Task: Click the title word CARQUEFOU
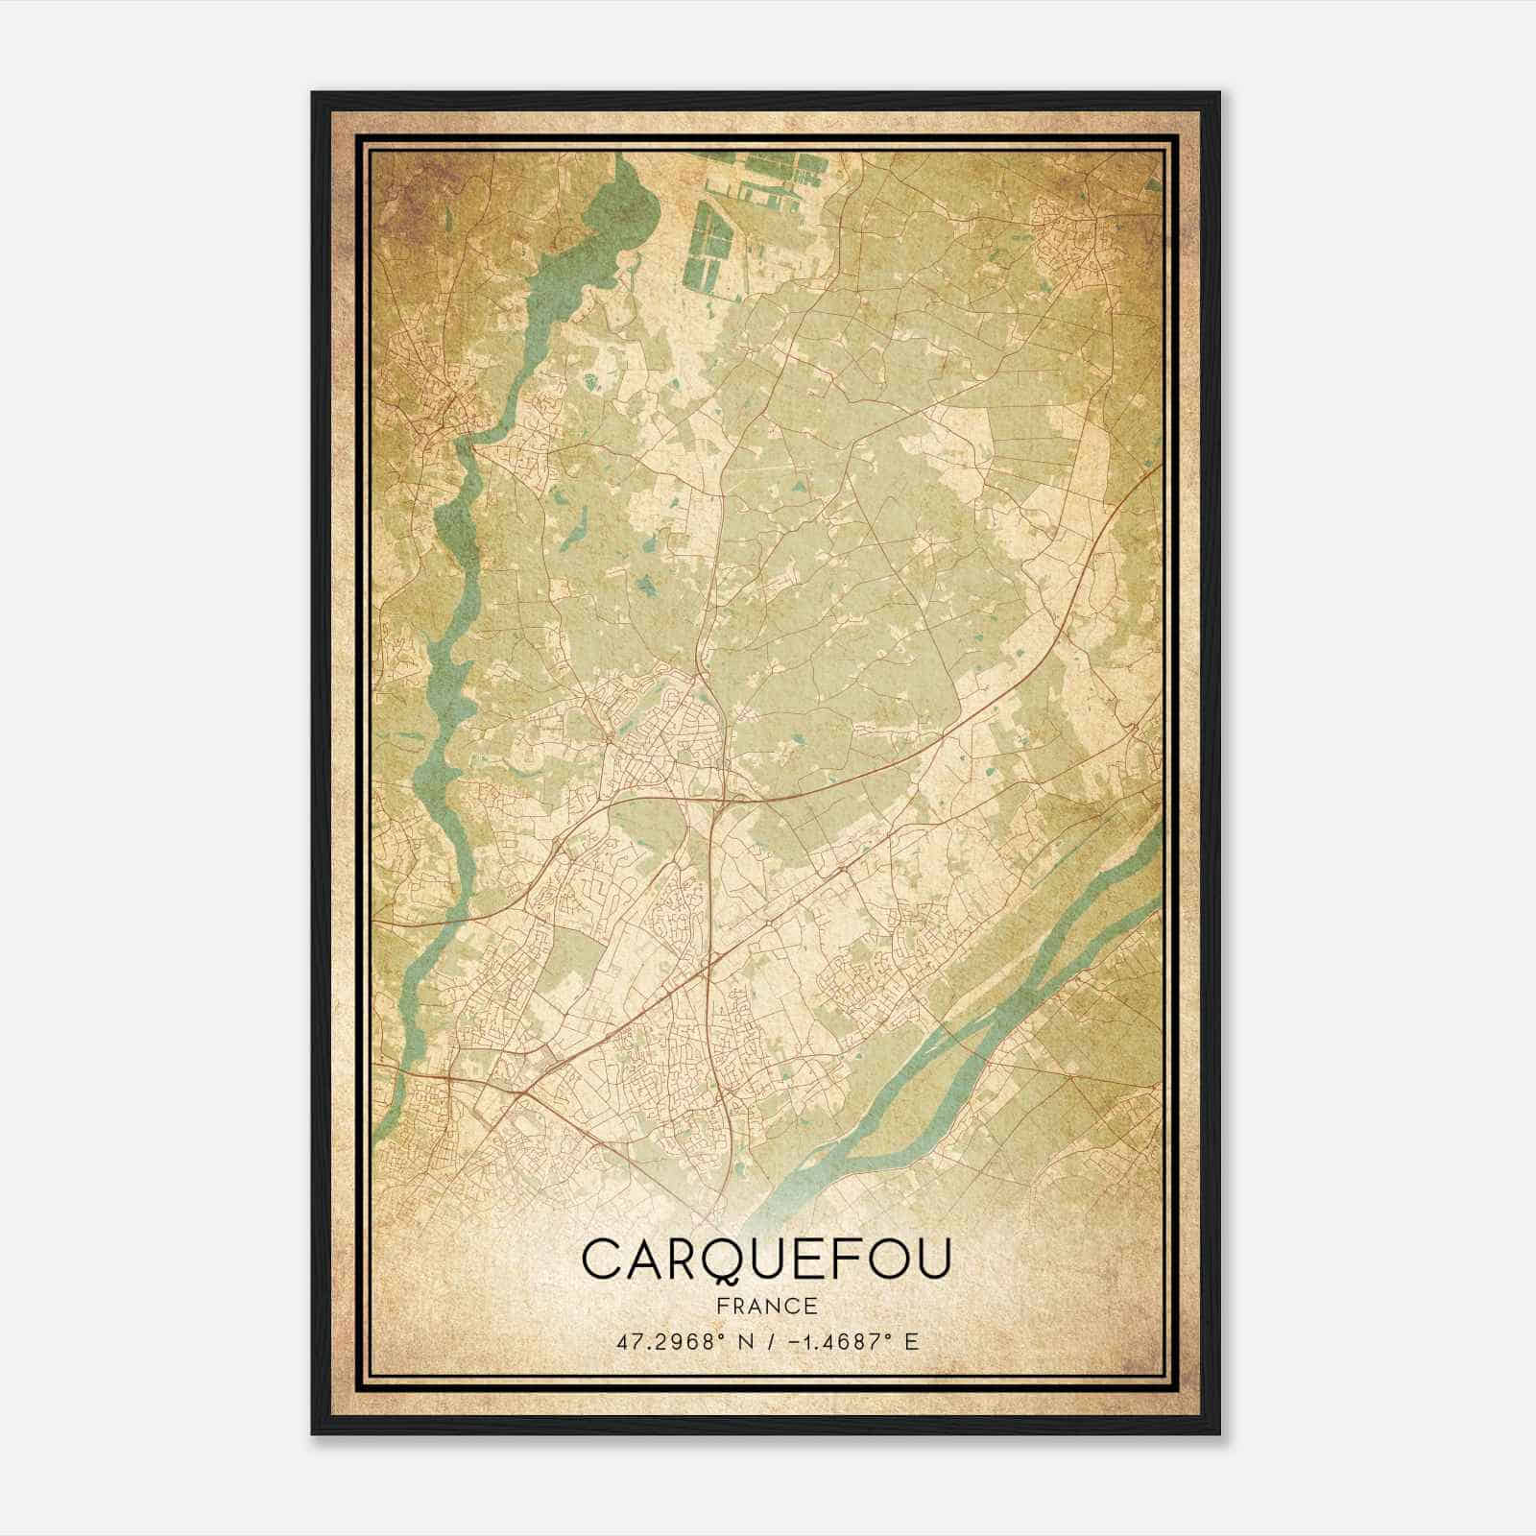click(766, 1260)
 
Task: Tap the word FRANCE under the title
click(766, 1306)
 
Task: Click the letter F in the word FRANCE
click(720, 1306)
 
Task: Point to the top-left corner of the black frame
click(314, 94)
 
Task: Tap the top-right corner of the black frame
click(1218, 94)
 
